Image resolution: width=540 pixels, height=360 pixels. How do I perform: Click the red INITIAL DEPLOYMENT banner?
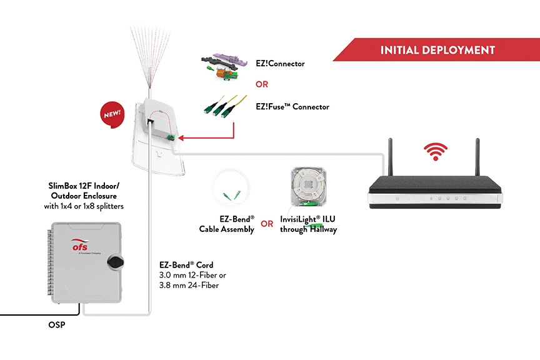click(x=437, y=50)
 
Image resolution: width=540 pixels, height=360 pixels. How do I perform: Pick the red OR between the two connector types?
click(x=262, y=84)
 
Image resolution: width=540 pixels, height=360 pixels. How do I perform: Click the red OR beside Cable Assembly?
click(x=267, y=224)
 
